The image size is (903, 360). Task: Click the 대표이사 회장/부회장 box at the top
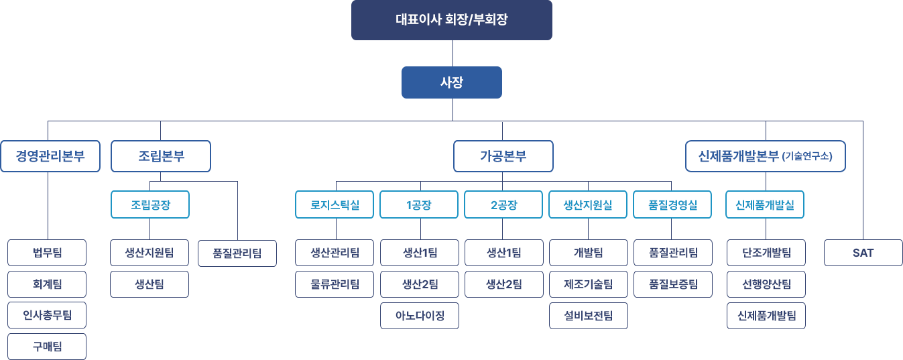point(451,20)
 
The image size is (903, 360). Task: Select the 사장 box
point(451,82)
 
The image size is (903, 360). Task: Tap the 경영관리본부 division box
point(50,157)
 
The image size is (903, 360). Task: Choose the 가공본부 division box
point(503,157)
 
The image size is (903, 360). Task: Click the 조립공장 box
point(150,205)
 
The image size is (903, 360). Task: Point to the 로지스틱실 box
point(335,205)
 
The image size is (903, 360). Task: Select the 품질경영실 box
point(672,205)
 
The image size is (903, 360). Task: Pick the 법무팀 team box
point(47,253)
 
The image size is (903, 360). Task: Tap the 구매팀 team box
point(47,347)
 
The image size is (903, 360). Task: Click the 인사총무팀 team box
point(47,315)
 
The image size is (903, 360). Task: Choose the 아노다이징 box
point(420,315)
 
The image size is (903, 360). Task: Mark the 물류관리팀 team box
point(335,284)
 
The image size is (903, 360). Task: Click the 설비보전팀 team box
point(588,315)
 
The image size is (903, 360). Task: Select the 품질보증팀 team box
point(672,284)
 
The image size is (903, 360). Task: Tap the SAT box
point(863,253)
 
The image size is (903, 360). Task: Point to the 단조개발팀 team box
point(766,253)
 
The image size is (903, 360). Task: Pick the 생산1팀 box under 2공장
point(503,253)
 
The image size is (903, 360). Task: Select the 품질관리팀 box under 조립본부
point(237,253)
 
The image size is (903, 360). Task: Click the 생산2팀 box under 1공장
point(420,284)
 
